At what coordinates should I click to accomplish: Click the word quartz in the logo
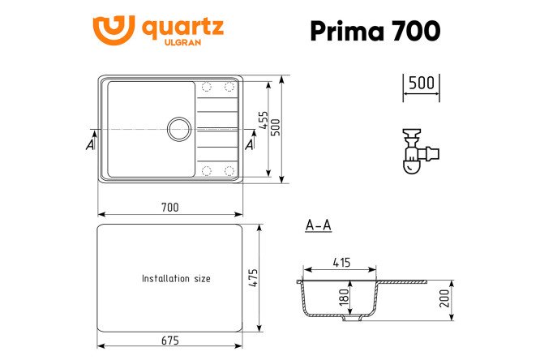click(183, 28)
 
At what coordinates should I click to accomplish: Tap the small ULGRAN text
click(182, 42)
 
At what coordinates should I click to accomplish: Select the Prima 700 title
click(375, 31)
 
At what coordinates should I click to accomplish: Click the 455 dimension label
click(264, 120)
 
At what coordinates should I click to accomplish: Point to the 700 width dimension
click(170, 208)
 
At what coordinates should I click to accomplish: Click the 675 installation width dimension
click(170, 341)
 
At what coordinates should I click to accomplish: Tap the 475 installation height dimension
click(253, 277)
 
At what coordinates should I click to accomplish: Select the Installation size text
click(176, 278)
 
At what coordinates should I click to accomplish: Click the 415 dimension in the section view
click(341, 263)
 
